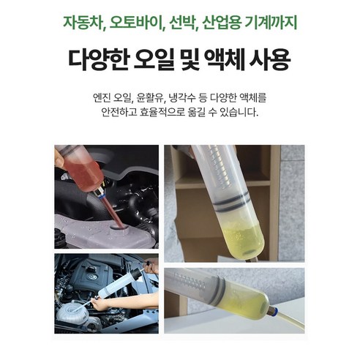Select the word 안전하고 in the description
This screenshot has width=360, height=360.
(124, 113)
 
